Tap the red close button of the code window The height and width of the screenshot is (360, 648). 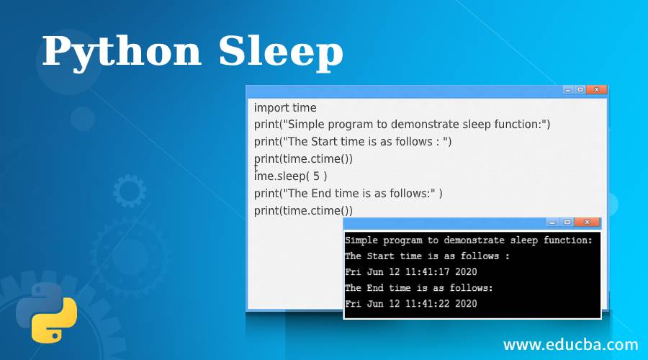click(x=596, y=89)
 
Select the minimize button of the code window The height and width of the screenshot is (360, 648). click(x=568, y=89)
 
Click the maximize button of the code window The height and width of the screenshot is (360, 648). click(x=580, y=89)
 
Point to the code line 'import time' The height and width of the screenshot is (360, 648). click(x=285, y=107)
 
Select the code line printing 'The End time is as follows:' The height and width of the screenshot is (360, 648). click(x=348, y=193)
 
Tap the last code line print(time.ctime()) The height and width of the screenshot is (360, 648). click(x=303, y=210)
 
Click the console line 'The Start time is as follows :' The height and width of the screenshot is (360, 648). click(x=427, y=256)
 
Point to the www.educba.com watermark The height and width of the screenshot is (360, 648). click(x=570, y=343)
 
